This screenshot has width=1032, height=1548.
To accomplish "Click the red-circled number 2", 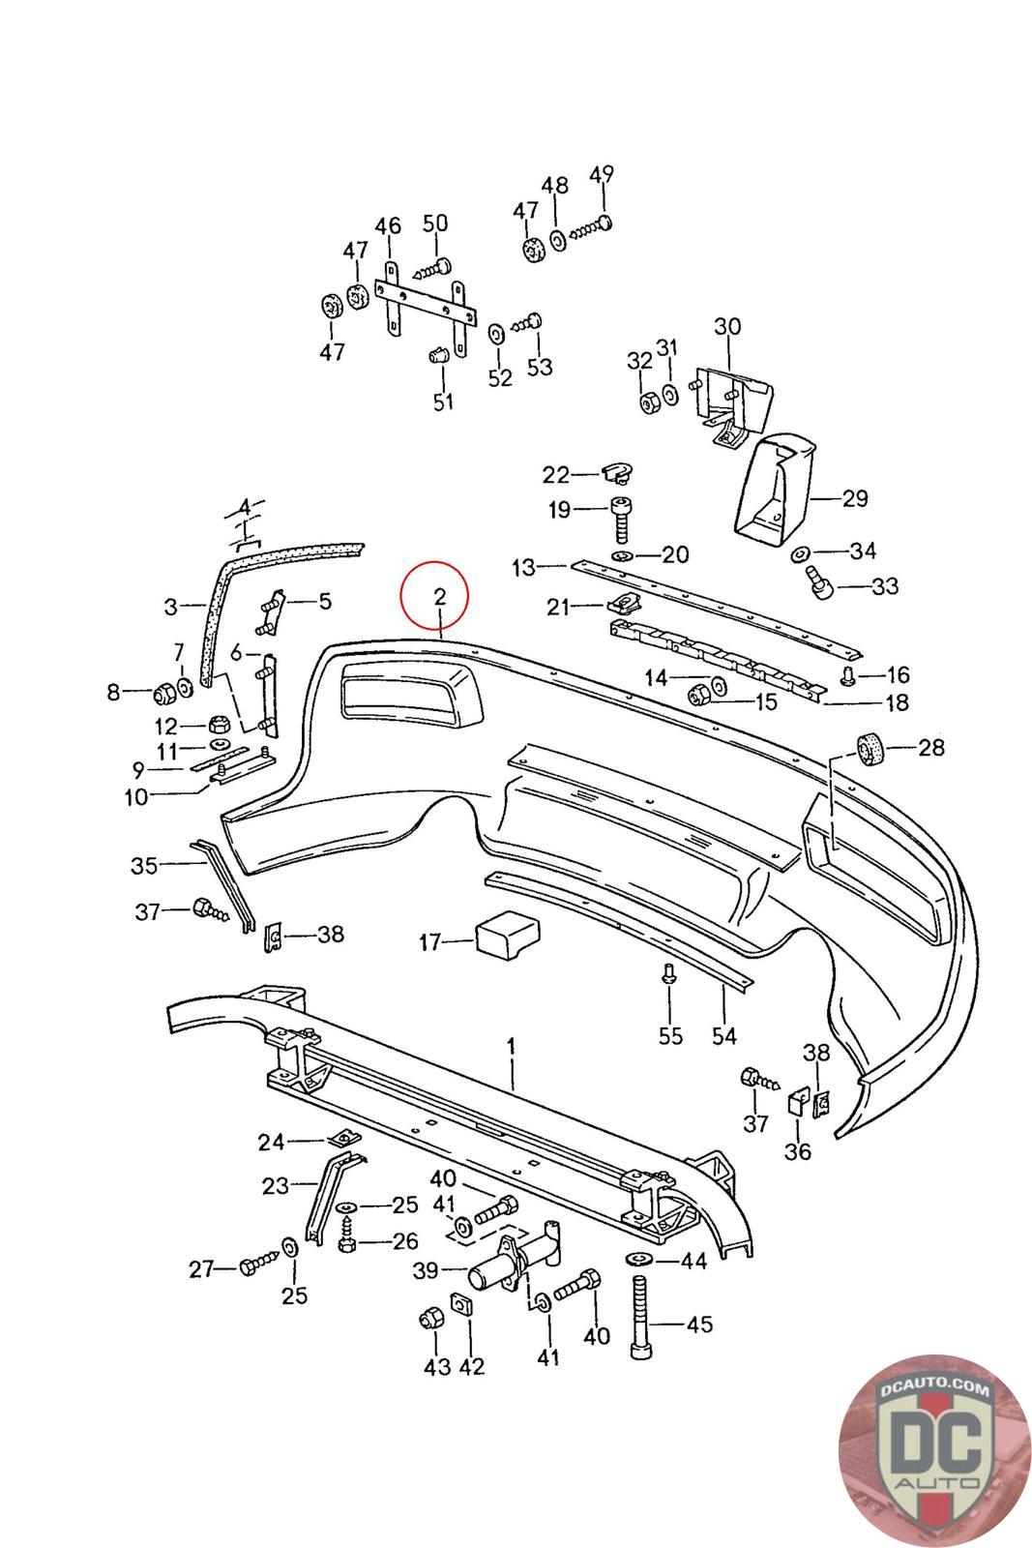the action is pyautogui.click(x=439, y=596).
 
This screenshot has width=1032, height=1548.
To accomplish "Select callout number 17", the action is pyautogui.click(x=429, y=942).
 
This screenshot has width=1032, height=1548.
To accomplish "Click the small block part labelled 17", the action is pyautogui.click(x=508, y=935).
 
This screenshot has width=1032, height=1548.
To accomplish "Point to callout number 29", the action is pyautogui.click(x=854, y=497).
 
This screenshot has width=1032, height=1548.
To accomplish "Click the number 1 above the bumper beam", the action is pyautogui.click(x=512, y=1046).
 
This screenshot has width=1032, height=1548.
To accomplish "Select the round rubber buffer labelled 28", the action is pyautogui.click(x=871, y=751).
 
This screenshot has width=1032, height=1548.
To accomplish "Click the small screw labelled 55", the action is pyautogui.click(x=669, y=973).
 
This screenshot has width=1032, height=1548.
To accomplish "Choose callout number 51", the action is pyautogui.click(x=443, y=401).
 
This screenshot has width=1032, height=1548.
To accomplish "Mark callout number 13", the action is pyautogui.click(x=523, y=567).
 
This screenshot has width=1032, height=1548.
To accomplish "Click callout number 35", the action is pyautogui.click(x=144, y=865).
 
